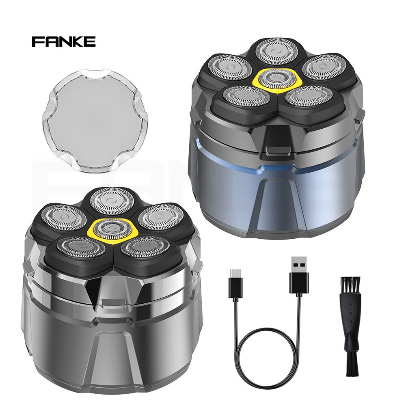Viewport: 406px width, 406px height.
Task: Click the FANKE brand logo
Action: click(63, 41)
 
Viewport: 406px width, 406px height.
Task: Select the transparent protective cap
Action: click(95, 121)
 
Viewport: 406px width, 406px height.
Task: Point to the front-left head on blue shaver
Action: click(246, 97)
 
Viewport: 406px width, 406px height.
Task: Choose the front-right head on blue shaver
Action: click(309, 96)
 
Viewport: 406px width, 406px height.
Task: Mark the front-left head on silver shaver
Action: click(79, 247)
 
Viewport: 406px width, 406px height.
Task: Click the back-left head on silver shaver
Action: click(64, 217)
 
